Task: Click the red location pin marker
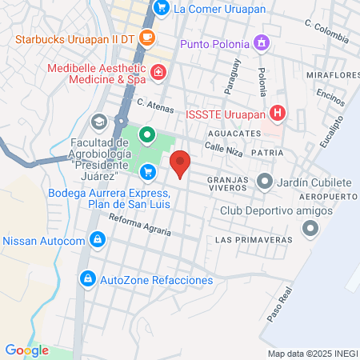[x=181, y=162]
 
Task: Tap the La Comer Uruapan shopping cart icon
[x=161, y=8]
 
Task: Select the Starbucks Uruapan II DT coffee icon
[x=146, y=37]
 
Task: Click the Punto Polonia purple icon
[x=260, y=42]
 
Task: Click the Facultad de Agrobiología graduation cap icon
[x=98, y=122]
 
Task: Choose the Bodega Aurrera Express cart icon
[x=147, y=171]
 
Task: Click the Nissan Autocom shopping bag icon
[x=97, y=239]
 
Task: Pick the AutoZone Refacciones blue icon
[x=88, y=279]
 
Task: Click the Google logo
[x=26, y=350]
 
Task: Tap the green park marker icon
[x=146, y=134]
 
